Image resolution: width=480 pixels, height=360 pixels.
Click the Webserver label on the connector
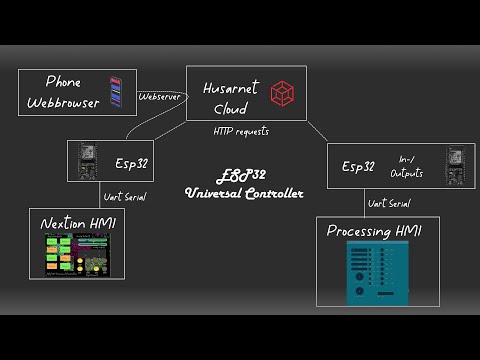click(x=160, y=96)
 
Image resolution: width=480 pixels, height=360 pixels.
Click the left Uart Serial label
click(x=124, y=196)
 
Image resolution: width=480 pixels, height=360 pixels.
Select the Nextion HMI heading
click(x=75, y=222)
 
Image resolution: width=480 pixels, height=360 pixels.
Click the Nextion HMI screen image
click(x=75, y=253)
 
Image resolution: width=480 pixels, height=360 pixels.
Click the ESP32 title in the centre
click(x=243, y=174)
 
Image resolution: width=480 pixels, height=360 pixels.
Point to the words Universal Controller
click(x=243, y=191)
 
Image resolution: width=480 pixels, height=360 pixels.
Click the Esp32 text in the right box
click(x=358, y=166)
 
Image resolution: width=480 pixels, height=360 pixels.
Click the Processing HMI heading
click(x=376, y=232)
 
